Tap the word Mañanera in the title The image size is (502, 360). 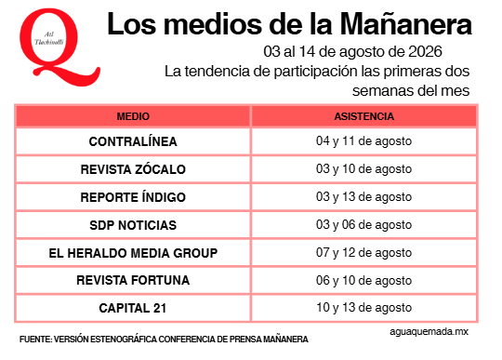coord(405,24)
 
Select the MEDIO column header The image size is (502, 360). coord(133,116)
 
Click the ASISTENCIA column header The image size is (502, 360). coord(364,116)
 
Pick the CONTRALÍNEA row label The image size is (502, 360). coord(133,141)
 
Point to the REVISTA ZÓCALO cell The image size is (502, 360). coord(133,169)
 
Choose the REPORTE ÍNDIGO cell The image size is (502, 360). coord(133,197)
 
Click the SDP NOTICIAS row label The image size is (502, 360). coord(133,225)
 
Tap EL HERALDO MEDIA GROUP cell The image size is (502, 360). coord(133,253)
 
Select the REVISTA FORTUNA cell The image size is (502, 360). coord(133,280)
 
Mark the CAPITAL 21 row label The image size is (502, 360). coord(133,308)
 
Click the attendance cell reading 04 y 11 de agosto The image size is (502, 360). coord(364,141)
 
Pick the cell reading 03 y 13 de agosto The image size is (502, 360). coord(364,197)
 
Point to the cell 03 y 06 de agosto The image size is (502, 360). coord(364,225)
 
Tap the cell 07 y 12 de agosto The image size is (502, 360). coord(364,253)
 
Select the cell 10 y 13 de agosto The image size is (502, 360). coord(364,308)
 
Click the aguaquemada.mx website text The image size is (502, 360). coord(429,332)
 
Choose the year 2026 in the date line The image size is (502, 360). coord(425,51)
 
